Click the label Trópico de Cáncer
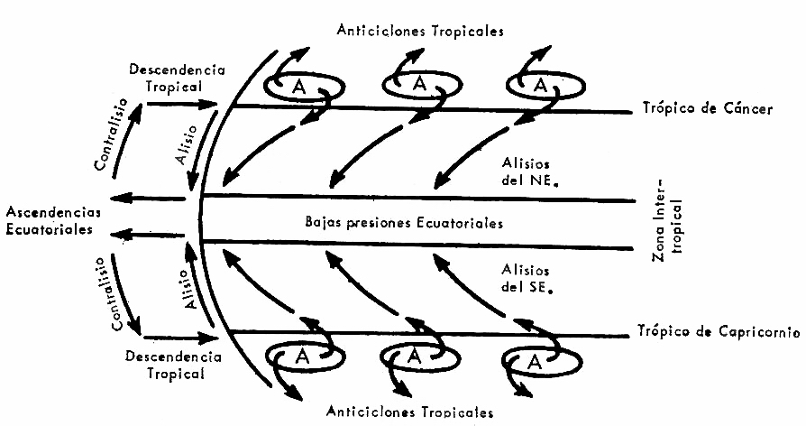[707, 109]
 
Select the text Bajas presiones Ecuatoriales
[404, 222]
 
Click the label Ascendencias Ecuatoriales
[53, 221]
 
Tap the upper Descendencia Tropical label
[177, 76]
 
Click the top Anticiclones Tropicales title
[420, 30]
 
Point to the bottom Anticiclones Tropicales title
[411, 412]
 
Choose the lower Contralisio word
[109, 294]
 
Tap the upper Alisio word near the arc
[185, 145]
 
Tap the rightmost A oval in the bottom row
[534, 361]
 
